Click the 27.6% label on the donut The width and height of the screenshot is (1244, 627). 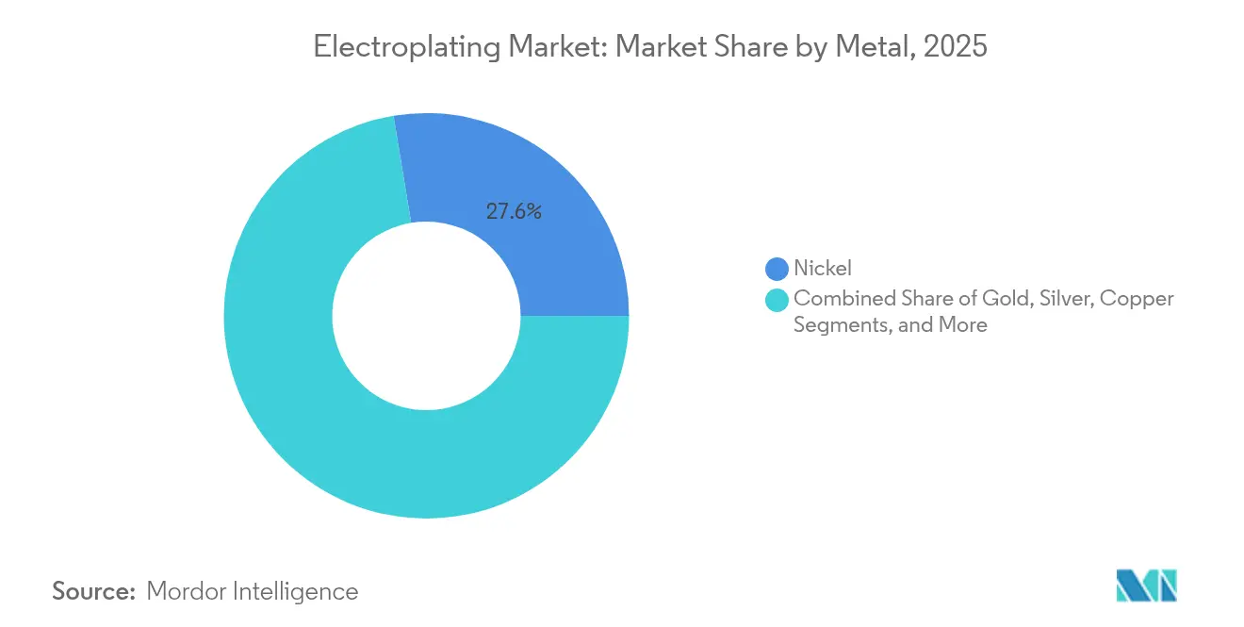pyautogui.click(x=514, y=212)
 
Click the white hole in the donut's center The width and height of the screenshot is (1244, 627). pyautogui.click(x=426, y=316)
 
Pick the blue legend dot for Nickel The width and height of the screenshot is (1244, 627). pyautogui.click(x=777, y=270)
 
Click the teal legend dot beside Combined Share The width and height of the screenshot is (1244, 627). pyautogui.click(x=777, y=300)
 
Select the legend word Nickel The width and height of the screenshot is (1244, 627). pyautogui.click(x=823, y=270)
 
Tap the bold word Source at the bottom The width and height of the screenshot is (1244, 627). pyautogui.click(x=94, y=591)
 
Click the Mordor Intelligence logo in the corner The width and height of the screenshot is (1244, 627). pyautogui.click(x=1146, y=586)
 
